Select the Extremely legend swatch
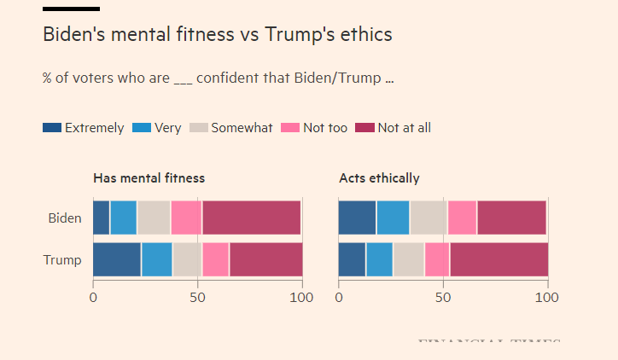51,128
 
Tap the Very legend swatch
141,128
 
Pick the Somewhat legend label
242,128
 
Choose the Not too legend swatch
290,128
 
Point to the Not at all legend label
404,128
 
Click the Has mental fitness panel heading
149,178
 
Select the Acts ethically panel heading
379,178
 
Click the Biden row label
65,218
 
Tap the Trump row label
62,260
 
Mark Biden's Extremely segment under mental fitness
101,218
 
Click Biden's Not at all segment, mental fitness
251,218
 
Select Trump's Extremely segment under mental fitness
117,259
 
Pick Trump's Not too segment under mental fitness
215,259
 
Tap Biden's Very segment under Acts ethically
393,218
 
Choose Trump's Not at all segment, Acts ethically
498,259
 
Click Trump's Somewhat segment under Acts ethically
408,259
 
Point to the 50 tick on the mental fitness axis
197,298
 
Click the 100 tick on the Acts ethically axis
546,298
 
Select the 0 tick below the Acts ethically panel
339,298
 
